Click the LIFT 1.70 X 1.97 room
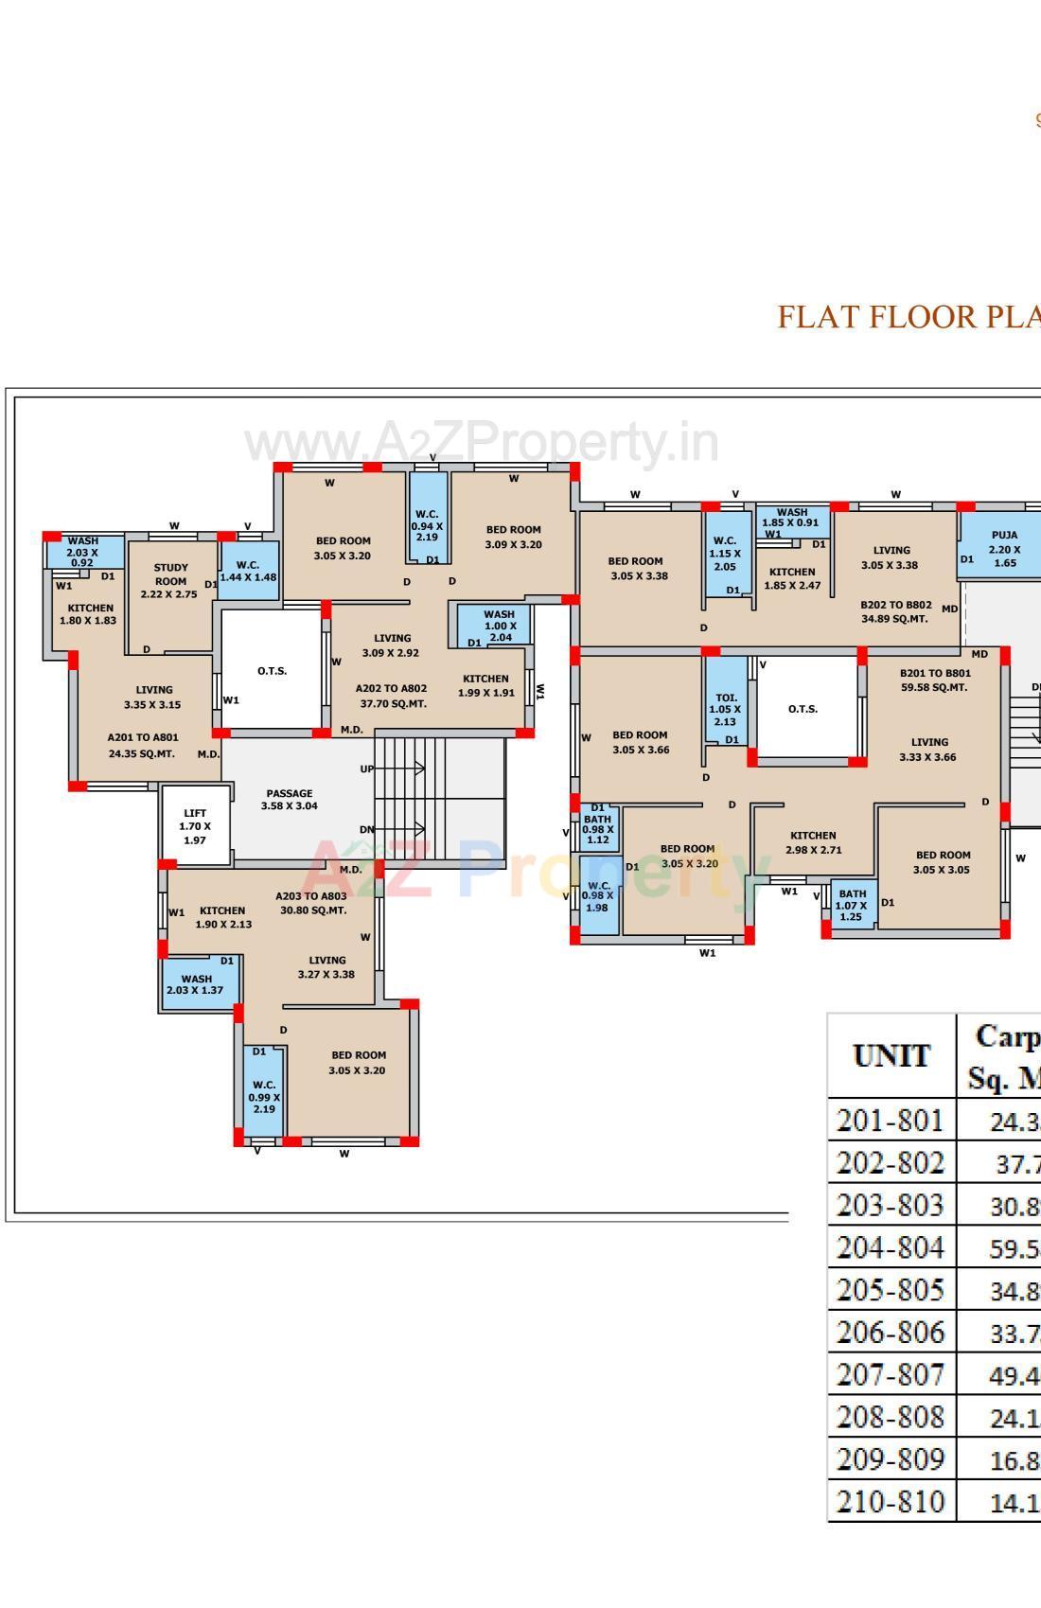(195, 826)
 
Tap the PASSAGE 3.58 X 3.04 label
(290, 800)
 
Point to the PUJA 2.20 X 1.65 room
(1004, 549)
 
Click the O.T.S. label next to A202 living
(272, 671)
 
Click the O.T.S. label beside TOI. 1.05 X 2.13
(803, 709)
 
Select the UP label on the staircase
(366, 769)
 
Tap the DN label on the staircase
(366, 830)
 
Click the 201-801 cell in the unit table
(891, 1121)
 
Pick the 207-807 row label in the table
(891, 1374)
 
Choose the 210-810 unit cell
(891, 1501)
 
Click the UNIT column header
(891, 1055)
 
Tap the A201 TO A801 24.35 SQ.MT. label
(143, 745)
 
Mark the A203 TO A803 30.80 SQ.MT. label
(312, 903)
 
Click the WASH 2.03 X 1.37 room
(197, 984)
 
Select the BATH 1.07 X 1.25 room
(852, 905)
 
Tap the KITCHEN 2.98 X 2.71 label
(813, 842)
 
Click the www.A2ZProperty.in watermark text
(482, 443)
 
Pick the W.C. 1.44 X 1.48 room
(248, 571)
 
